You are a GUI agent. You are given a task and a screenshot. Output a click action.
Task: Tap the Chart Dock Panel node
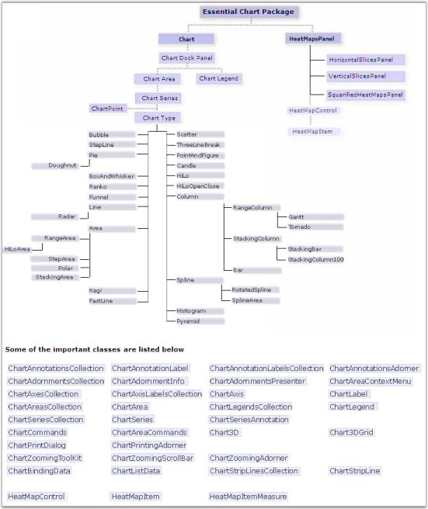pos(187,57)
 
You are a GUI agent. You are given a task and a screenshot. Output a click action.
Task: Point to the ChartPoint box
pos(108,109)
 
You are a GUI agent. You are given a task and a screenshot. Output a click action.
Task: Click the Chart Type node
pos(158,118)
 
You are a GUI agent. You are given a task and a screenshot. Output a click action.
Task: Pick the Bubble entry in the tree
pos(99,134)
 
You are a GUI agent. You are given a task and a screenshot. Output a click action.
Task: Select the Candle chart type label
pos(186,166)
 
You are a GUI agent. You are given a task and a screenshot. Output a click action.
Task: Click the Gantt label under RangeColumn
pos(296,216)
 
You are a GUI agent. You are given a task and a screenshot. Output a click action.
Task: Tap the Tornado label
pos(299,227)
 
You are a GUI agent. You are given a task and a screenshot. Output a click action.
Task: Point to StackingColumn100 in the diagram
pos(315,259)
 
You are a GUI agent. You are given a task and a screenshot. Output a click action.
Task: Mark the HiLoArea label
pos(17,249)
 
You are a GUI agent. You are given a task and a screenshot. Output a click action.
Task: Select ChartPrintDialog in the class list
pos(37,445)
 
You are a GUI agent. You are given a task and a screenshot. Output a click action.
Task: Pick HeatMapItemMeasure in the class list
pos(248,497)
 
